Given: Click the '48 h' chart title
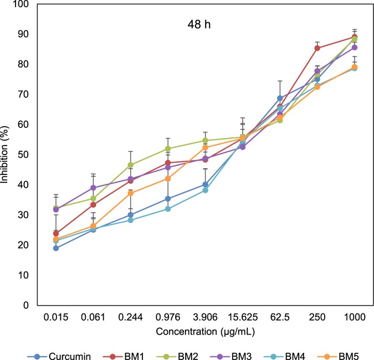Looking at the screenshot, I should [197, 25].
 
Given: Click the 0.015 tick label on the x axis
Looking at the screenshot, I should [56, 316].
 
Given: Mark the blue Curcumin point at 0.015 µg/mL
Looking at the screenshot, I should [56, 248].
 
